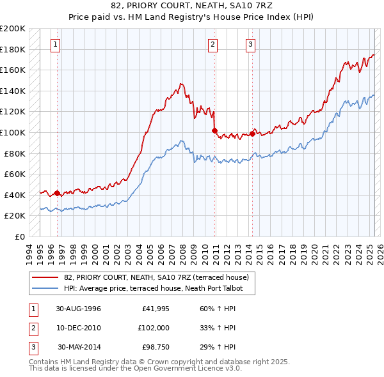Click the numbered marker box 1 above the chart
tap(56, 44)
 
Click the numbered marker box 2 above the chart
tap(212, 44)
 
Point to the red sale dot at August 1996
tap(57, 193)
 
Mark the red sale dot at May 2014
tap(252, 134)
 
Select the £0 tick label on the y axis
tap(19, 236)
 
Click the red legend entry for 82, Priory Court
tap(160, 277)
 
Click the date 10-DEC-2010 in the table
tap(78, 328)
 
